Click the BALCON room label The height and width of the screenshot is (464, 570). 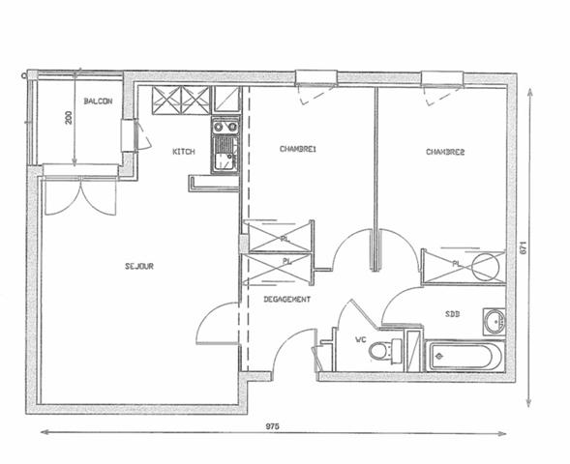(98, 101)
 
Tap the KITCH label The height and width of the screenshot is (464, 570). (184, 152)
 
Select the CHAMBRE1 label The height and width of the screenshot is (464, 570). (299, 149)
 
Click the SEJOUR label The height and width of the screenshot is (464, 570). (140, 266)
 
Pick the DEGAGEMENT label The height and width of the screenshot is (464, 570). (287, 300)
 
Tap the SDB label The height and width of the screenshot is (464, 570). (453, 314)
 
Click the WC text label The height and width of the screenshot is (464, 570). (360, 339)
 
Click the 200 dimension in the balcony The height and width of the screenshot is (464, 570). (69, 117)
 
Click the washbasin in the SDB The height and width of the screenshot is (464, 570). (495, 320)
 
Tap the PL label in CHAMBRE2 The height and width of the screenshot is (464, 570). (455, 263)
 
